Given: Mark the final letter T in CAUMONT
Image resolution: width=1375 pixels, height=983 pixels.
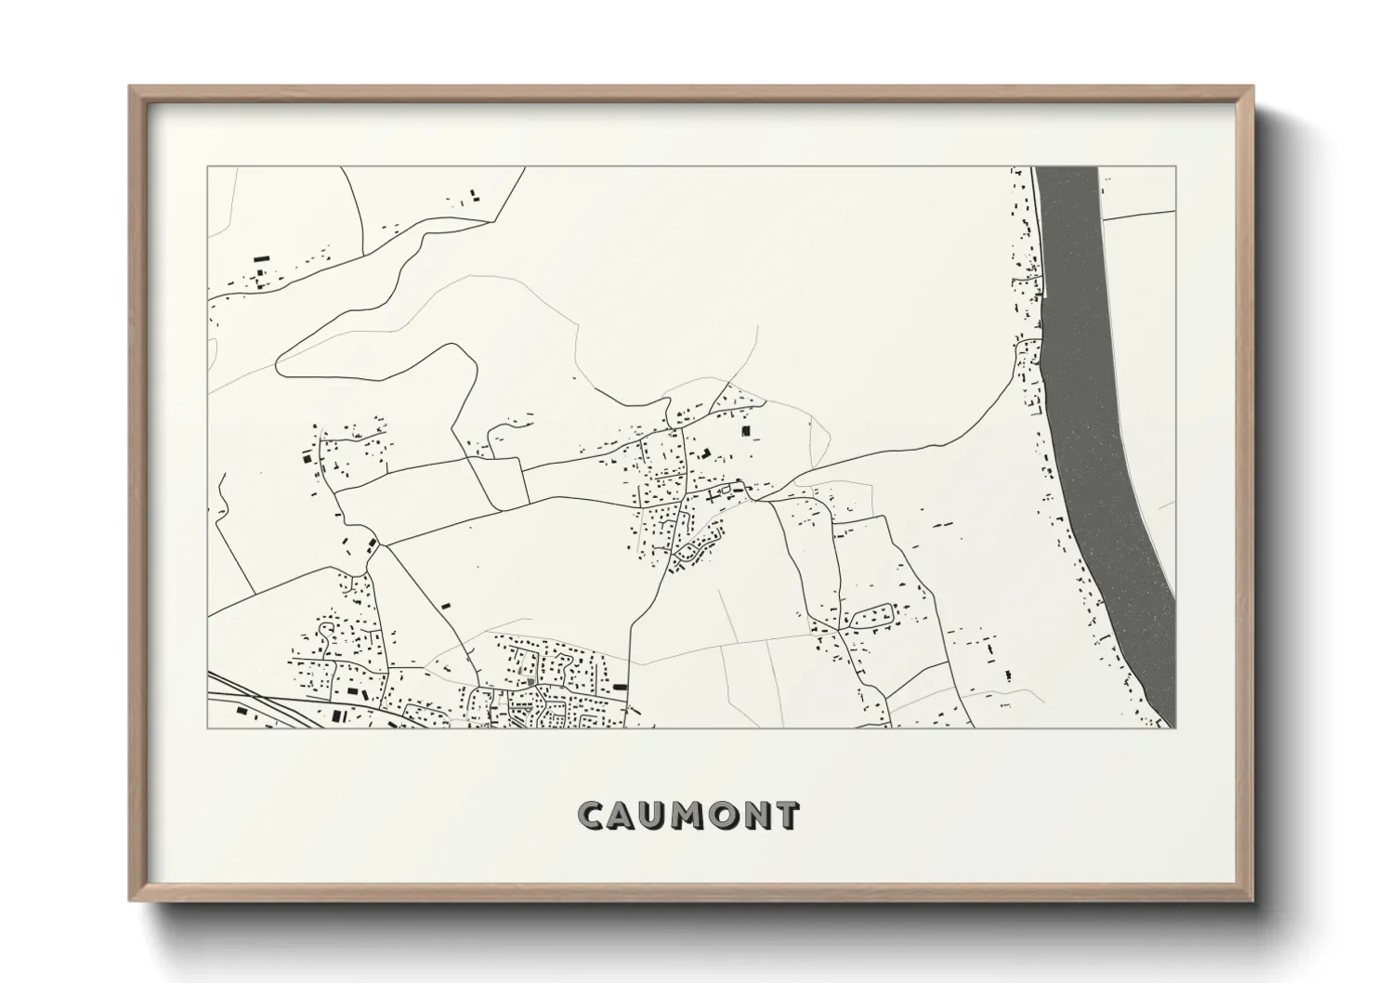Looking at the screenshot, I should click(787, 816).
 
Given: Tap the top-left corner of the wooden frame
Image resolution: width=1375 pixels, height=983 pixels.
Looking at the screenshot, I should click(131, 87).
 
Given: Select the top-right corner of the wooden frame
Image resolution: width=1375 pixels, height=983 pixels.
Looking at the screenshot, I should click(1251, 87).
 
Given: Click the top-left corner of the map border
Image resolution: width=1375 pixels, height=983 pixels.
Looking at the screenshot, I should click(207, 167).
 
